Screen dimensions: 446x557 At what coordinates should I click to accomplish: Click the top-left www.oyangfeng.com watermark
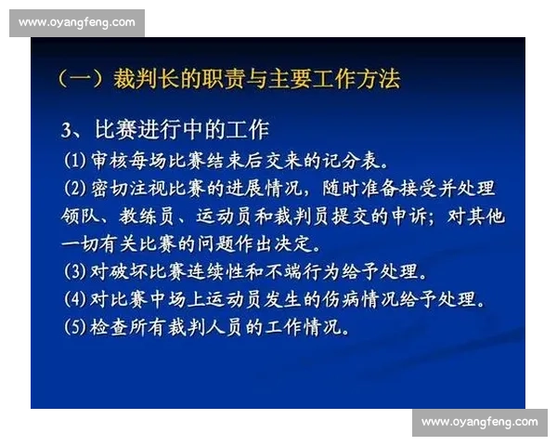(x=76, y=22)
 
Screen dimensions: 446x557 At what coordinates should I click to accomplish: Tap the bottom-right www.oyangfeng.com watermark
(x=479, y=423)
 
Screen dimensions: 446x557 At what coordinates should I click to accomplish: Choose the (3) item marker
(x=75, y=273)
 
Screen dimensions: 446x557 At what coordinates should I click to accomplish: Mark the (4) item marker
(x=75, y=301)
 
